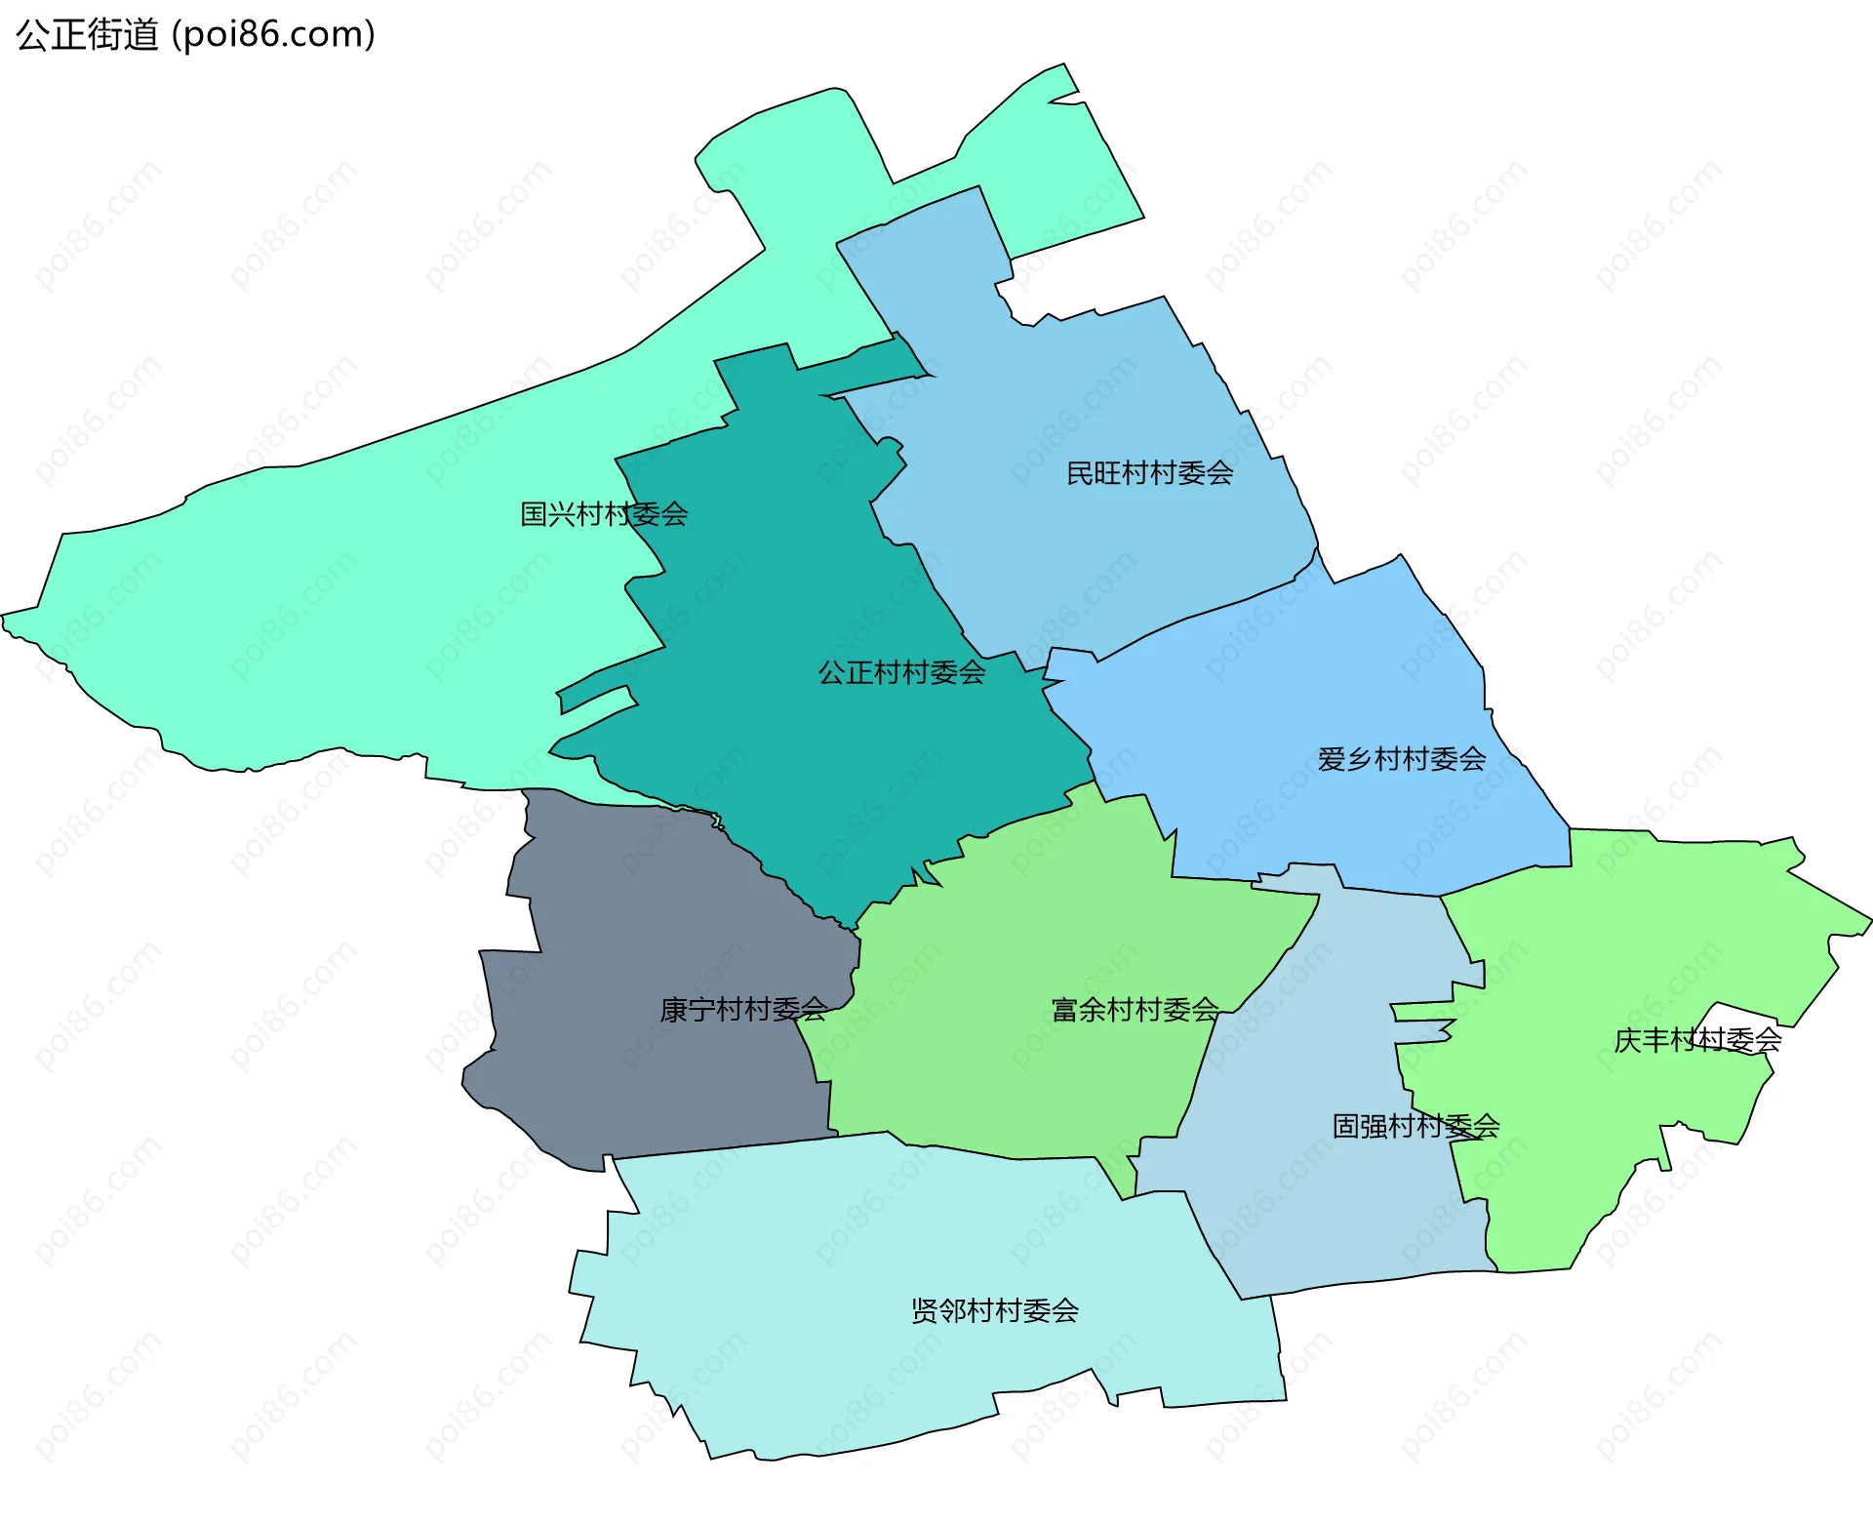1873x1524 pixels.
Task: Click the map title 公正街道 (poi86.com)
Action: click(195, 35)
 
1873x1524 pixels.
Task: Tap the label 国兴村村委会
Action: click(604, 514)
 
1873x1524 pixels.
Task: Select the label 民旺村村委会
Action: click(1149, 474)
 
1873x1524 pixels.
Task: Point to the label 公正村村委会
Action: click(901, 672)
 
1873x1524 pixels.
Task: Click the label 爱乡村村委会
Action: click(1402, 759)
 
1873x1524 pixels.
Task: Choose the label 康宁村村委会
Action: click(743, 1010)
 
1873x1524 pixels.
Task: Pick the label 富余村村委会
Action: click(1136, 1010)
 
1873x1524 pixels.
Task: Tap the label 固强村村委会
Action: click(1415, 1127)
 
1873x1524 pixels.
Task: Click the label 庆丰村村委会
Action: click(1697, 1041)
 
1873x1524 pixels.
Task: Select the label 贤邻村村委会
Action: click(994, 1311)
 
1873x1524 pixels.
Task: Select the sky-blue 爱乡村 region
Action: click(1317, 683)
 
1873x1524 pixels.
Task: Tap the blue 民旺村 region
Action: click(1073, 390)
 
